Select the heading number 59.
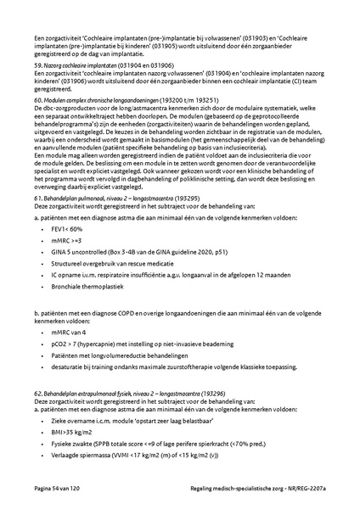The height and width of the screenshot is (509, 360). click(37, 64)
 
